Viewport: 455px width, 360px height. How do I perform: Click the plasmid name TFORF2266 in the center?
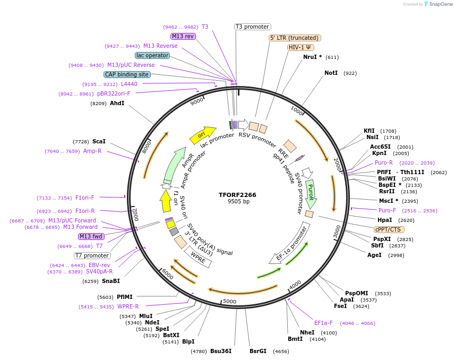[237, 195]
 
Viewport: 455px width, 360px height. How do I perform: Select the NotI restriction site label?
[331, 73]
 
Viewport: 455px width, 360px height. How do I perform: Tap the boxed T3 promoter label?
[253, 27]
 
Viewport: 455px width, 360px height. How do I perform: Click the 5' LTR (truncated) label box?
[294, 38]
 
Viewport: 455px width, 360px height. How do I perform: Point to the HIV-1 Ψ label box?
[301, 47]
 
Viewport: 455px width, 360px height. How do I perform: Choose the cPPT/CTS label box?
[389, 229]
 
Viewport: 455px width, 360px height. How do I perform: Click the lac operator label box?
[152, 55]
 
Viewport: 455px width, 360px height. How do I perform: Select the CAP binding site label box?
[127, 75]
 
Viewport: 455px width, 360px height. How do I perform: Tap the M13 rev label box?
[183, 36]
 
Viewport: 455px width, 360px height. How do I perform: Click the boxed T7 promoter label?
[92, 255]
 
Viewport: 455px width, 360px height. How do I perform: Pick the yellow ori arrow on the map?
[202, 135]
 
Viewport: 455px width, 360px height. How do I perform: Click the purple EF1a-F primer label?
[323, 322]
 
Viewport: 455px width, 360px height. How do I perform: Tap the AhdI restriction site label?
[117, 103]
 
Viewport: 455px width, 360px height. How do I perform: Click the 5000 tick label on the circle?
[229, 302]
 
